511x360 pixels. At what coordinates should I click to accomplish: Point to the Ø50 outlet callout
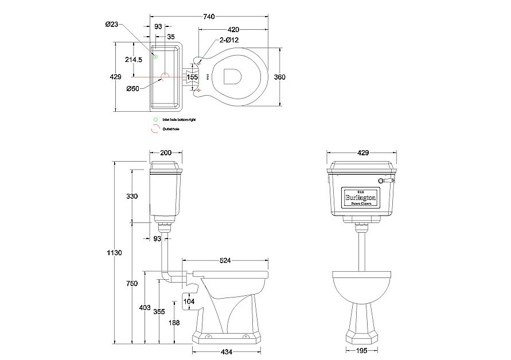point(133,88)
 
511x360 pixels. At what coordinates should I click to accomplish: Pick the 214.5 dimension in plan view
point(134,59)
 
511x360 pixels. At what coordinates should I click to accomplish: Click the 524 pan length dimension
point(225,261)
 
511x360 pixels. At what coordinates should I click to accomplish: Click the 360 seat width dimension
point(279,77)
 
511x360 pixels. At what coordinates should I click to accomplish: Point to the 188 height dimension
point(175,323)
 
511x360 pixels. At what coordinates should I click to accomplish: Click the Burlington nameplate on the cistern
point(359,197)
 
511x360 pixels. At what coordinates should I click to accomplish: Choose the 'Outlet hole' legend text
point(170,130)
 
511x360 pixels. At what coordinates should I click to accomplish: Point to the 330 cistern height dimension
point(132,196)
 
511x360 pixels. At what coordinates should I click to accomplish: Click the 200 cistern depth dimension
point(166,153)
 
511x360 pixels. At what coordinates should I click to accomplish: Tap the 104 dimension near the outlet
point(189,301)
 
